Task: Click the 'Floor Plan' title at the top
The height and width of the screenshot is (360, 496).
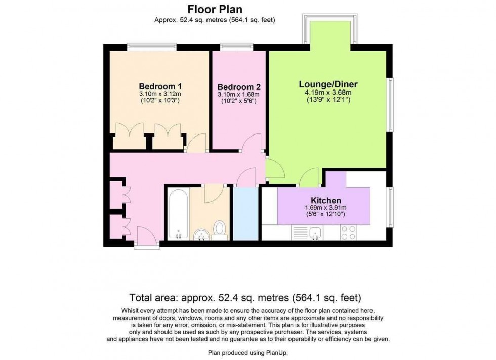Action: tap(215, 9)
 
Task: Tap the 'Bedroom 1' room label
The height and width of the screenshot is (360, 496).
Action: tap(160, 86)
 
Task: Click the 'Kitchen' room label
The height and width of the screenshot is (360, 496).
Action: tap(322, 200)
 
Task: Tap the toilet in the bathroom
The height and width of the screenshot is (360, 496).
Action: tap(220, 229)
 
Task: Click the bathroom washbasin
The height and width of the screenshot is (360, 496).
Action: tap(200, 235)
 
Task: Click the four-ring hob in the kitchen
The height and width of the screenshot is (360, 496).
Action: tap(349, 232)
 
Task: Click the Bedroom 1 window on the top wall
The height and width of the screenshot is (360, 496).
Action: tap(151, 48)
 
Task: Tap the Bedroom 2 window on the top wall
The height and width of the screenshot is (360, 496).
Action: tap(237, 48)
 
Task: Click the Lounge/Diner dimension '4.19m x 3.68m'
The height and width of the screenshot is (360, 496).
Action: tap(328, 93)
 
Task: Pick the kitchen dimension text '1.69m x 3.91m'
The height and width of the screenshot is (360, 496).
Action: tap(322, 208)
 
